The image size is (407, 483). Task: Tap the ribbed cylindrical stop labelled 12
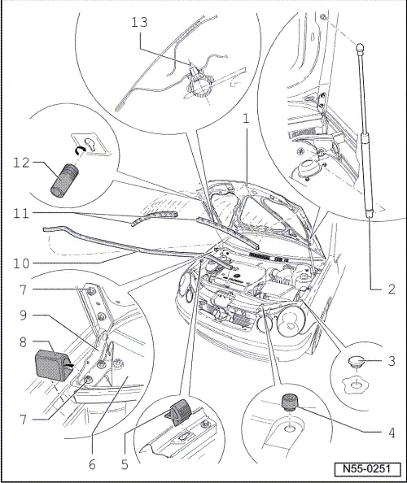pyautogui.click(x=63, y=178)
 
